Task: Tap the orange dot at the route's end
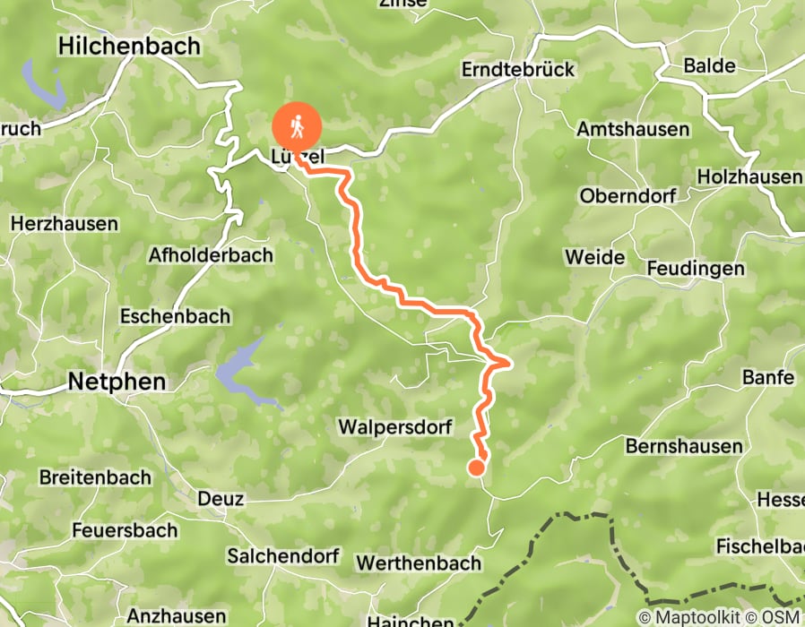(x=477, y=467)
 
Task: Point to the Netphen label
(x=117, y=382)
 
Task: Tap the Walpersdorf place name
(x=395, y=427)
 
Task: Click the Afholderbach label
(x=211, y=255)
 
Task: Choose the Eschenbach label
(x=175, y=316)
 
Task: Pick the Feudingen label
(x=696, y=269)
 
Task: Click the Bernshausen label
(x=684, y=446)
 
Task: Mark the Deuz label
(x=221, y=499)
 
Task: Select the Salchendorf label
(x=282, y=556)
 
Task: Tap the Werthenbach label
(x=419, y=563)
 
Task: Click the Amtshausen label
(x=633, y=130)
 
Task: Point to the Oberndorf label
(x=627, y=195)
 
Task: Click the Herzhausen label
(x=64, y=223)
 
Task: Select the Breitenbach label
(x=95, y=477)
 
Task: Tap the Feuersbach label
(x=126, y=530)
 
